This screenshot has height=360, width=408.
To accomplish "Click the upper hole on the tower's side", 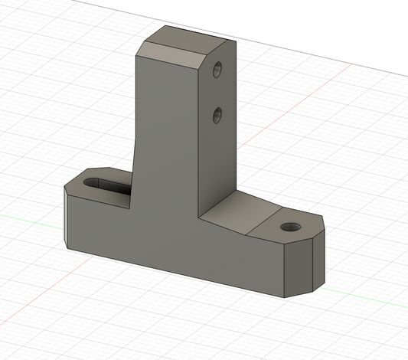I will click(x=217, y=70).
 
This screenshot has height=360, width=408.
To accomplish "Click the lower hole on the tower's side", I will click(x=217, y=116).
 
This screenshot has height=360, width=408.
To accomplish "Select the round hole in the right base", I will click(x=289, y=227).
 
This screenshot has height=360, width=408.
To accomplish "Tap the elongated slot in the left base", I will click(x=108, y=185).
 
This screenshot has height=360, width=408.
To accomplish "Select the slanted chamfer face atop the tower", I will click(x=175, y=57).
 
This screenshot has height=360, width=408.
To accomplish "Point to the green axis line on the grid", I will click(x=31, y=214).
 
